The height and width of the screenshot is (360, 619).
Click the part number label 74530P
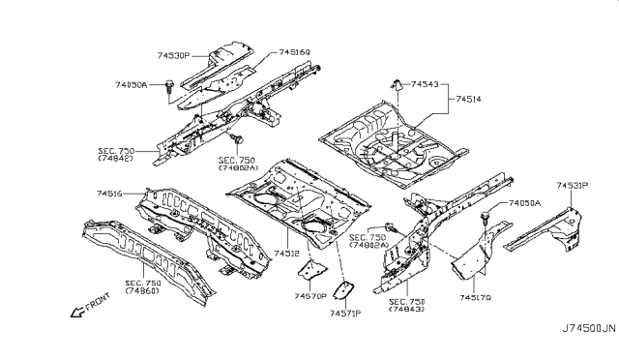tap(175, 57)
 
